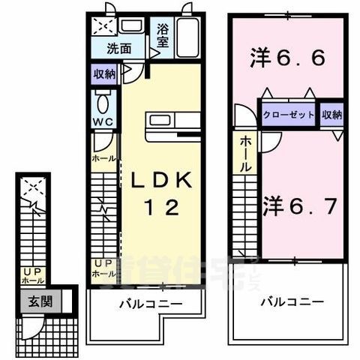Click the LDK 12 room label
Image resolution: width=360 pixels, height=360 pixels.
coord(163,193)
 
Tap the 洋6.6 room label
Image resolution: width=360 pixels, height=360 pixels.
coord(287,58)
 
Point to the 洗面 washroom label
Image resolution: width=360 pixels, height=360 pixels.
coord(118,50)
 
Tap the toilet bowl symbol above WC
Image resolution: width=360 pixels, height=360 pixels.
coord(102,101)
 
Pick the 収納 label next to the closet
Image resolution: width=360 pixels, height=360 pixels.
coord(332,115)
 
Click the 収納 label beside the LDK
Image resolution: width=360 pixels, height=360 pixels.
coord(104,74)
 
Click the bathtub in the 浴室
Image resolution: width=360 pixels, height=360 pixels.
coord(187,37)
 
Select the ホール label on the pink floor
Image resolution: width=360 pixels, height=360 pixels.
coord(245,156)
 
